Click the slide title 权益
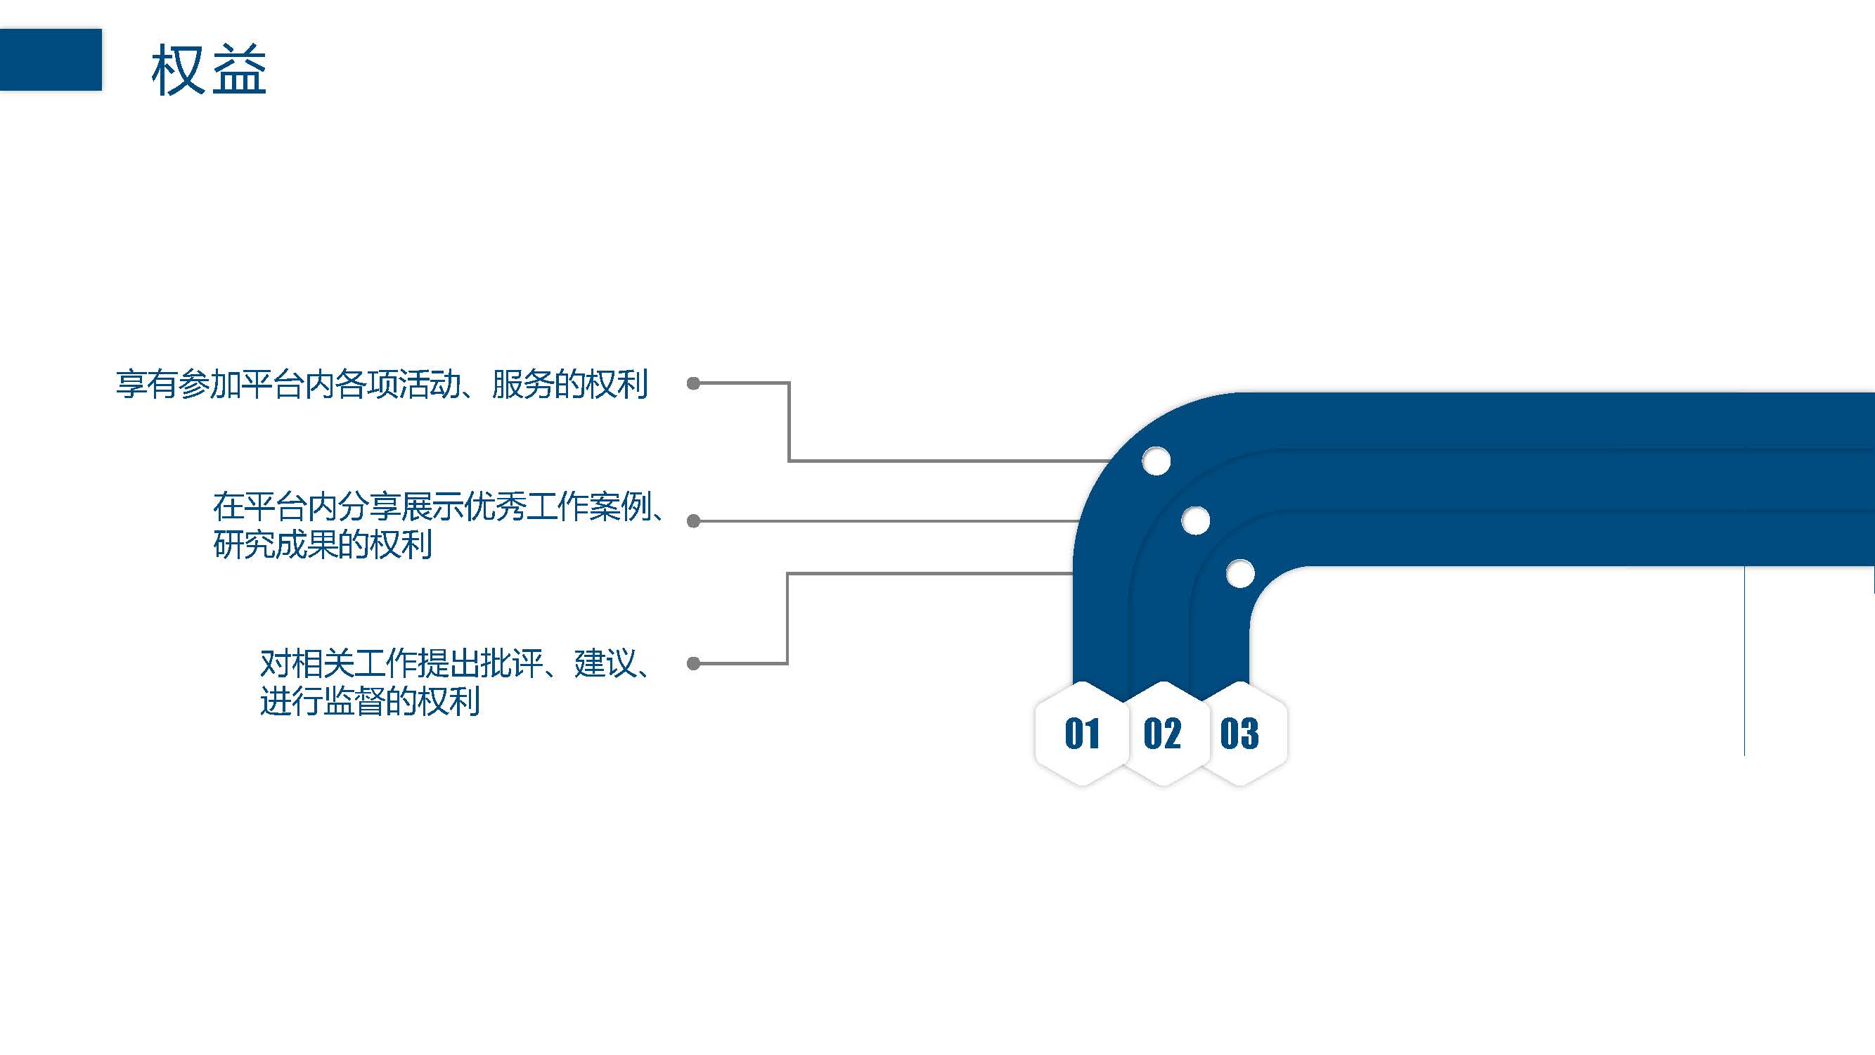coord(209,70)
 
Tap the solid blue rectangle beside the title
coord(50,60)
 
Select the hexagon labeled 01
coord(1081,733)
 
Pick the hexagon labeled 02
coord(1162,733)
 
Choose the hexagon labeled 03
coord(1239,733)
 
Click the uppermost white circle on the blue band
coord(1156,461)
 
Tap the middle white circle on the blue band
coord(1195,520)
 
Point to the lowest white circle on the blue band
coord(1239,574)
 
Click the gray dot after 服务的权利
coord(694,383)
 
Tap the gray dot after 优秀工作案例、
coord(694,521)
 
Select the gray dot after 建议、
coord(694,663)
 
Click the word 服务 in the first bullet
coord(522,385)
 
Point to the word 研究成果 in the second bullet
coord(275,544)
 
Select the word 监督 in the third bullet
coord(354,701)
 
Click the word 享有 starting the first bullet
coord(147,385)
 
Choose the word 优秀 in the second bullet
coord(495,506)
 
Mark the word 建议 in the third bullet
coord(605,663)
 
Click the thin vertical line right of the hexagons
coord(1745,663)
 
